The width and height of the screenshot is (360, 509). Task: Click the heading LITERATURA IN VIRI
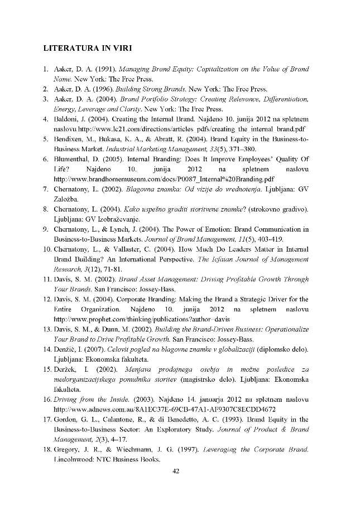tap(88, 48)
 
